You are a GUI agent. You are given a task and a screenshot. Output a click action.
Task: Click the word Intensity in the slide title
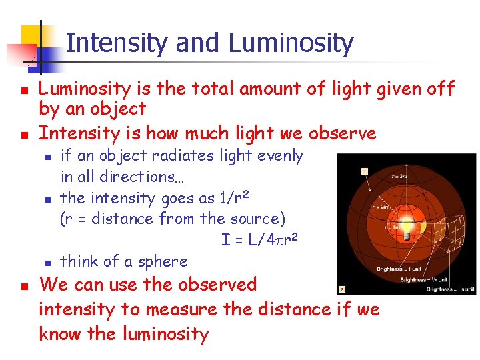[118, 43]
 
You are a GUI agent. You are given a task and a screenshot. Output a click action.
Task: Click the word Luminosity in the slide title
[291, 43]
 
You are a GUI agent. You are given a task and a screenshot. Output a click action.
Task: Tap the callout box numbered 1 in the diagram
[365, 171]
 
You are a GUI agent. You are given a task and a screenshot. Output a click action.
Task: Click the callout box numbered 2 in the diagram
[342, 289]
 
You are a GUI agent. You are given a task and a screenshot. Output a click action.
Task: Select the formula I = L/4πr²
[259, 239]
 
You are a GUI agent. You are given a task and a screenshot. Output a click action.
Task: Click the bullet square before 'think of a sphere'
[47, 263]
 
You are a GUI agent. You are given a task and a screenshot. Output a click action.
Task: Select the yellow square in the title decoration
[33, 37]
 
